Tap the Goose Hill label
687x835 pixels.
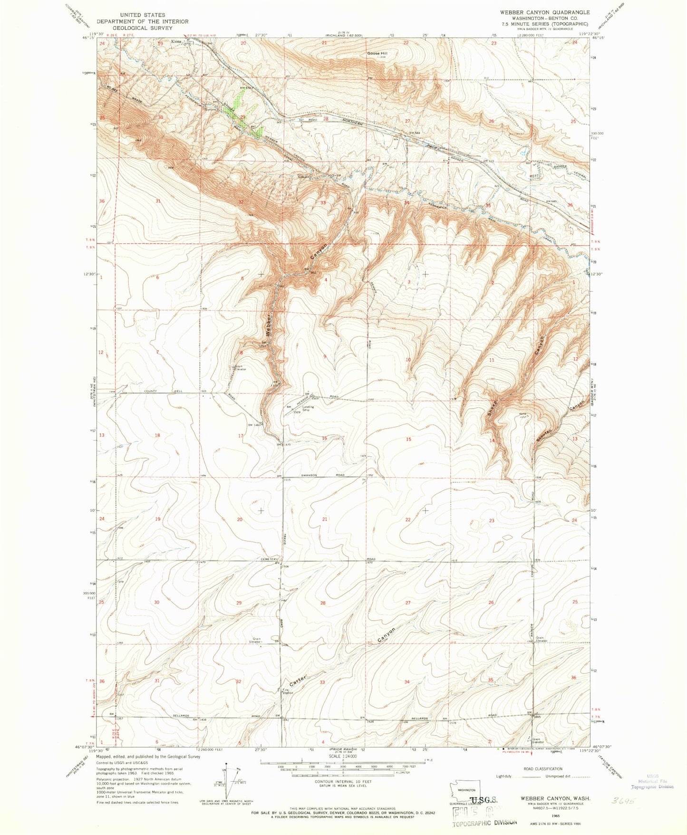(377, 54)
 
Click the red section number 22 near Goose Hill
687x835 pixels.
(406, 43)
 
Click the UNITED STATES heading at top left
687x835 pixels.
(142, 15)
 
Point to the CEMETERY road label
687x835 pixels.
(269, 559)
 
